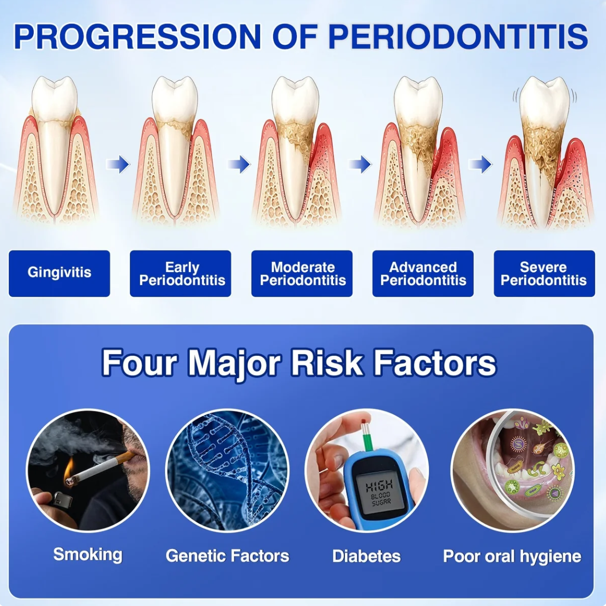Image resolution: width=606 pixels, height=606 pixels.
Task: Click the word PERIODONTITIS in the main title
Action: point(458,36)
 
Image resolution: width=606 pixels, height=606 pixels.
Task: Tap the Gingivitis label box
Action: point(60,273)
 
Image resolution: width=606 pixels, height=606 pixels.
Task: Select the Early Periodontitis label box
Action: point(180,273)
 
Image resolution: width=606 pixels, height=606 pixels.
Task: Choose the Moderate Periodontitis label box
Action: point(302,273)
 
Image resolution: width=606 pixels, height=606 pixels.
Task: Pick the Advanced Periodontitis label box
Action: point(423,273)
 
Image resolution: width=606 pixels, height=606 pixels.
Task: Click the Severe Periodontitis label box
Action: point(544,273)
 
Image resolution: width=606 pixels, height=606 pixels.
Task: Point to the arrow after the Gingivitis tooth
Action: point(117,164)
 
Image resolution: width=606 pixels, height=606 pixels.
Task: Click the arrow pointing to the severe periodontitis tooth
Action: point(480,164)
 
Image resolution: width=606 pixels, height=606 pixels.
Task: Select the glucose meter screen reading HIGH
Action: point(379,493)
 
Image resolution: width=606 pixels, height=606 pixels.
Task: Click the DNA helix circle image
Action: point(227,470)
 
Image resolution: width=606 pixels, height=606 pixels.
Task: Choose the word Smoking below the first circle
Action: point(88,555)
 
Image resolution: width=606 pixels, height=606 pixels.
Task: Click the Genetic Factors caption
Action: point(227,556)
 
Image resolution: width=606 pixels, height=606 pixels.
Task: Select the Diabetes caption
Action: point(366,556)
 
